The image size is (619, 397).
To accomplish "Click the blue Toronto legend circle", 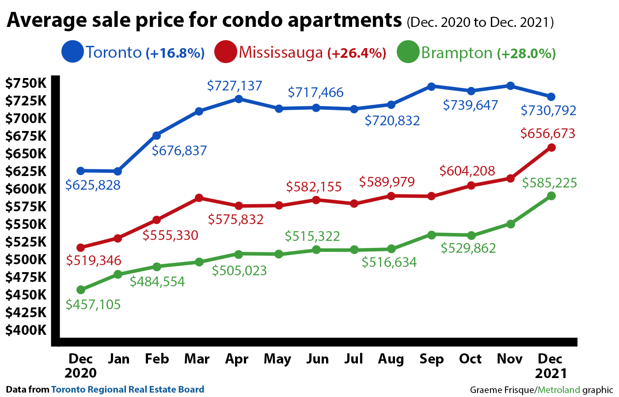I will [x=72, y=52].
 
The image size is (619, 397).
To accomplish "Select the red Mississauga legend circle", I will [x=225, y=52].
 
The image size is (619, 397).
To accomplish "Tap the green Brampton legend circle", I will [x=407, y=52].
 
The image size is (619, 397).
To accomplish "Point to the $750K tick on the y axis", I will [x=26, y=83].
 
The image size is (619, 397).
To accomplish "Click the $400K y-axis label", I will [x=26, y=330].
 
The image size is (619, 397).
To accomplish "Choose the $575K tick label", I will [x=26, y=206].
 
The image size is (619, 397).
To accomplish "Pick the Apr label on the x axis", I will [x=237, y=359].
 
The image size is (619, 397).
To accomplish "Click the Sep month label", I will [x=431, y=359].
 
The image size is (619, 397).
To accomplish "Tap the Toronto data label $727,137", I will [x=235, y=86].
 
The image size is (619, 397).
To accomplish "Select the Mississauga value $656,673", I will [x=548, y=134].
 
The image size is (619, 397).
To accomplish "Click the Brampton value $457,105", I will [x=93, y=304].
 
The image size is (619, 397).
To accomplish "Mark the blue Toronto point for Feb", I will [x=156, y=135].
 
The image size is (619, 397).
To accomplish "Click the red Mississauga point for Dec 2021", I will [x=551, y=147].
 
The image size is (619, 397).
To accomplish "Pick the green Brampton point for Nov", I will [x=511, y=224].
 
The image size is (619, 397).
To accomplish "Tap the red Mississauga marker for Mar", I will [x=199, y=198].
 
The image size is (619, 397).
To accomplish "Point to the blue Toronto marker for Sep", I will [x=431, y=86].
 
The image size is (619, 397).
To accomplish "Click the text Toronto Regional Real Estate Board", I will [x=128, y=390].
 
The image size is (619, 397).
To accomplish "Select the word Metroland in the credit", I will [x=558, y=390].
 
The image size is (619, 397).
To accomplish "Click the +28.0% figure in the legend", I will [x=526, y=53].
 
